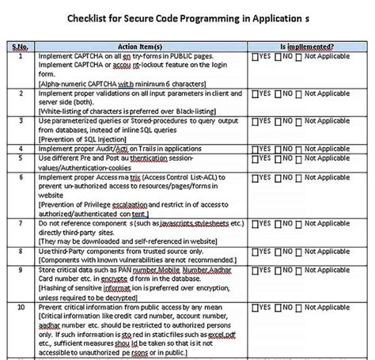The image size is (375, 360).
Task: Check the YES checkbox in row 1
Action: [x=255, y=58]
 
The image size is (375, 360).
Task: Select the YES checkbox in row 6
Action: [x=255, y=182]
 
